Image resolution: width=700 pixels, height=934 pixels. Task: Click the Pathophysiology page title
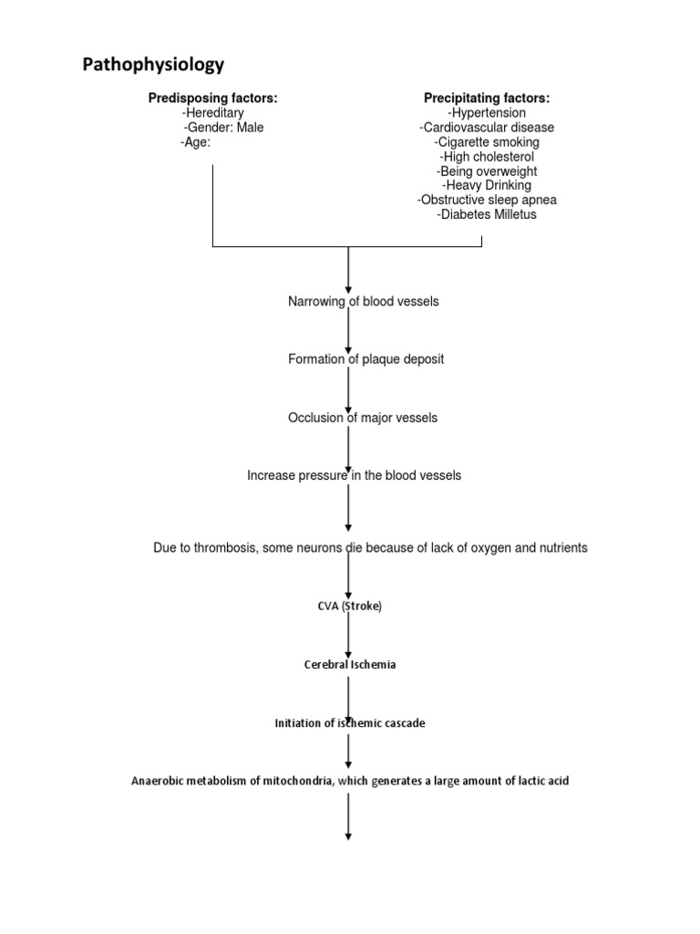pos(153,65)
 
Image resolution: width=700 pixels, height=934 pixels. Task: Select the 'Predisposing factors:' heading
pos(213,99)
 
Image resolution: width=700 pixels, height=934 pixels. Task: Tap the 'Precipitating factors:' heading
pos(487,99)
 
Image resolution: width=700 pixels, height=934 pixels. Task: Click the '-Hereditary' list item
pos(213,113)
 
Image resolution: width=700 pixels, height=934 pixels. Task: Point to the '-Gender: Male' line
pos(223,128)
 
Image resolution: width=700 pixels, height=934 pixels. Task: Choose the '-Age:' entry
pos(196,142)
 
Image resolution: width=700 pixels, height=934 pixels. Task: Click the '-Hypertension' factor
pos(487,113)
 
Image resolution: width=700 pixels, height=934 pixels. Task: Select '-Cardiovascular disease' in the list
pos(487,128)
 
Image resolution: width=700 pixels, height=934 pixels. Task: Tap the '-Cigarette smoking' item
pos(487,142)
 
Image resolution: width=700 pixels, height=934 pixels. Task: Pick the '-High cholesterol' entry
pos(487,157)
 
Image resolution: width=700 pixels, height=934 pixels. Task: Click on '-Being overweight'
pos(487,171)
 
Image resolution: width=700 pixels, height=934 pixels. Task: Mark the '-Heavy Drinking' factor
pos(487,185)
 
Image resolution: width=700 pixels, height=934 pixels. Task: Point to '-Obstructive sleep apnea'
pos(487,200)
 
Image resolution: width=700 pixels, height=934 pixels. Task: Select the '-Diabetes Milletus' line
pos(487,214)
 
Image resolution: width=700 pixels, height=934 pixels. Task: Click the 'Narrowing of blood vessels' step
pos(363,301)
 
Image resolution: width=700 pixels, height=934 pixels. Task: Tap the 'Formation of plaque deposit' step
pos(365,359)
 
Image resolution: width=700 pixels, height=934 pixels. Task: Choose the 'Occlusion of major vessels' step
pos(363,418)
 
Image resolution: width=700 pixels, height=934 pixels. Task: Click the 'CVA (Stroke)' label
pos(350,607)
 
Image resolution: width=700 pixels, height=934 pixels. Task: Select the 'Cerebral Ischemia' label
pos(350,665)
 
